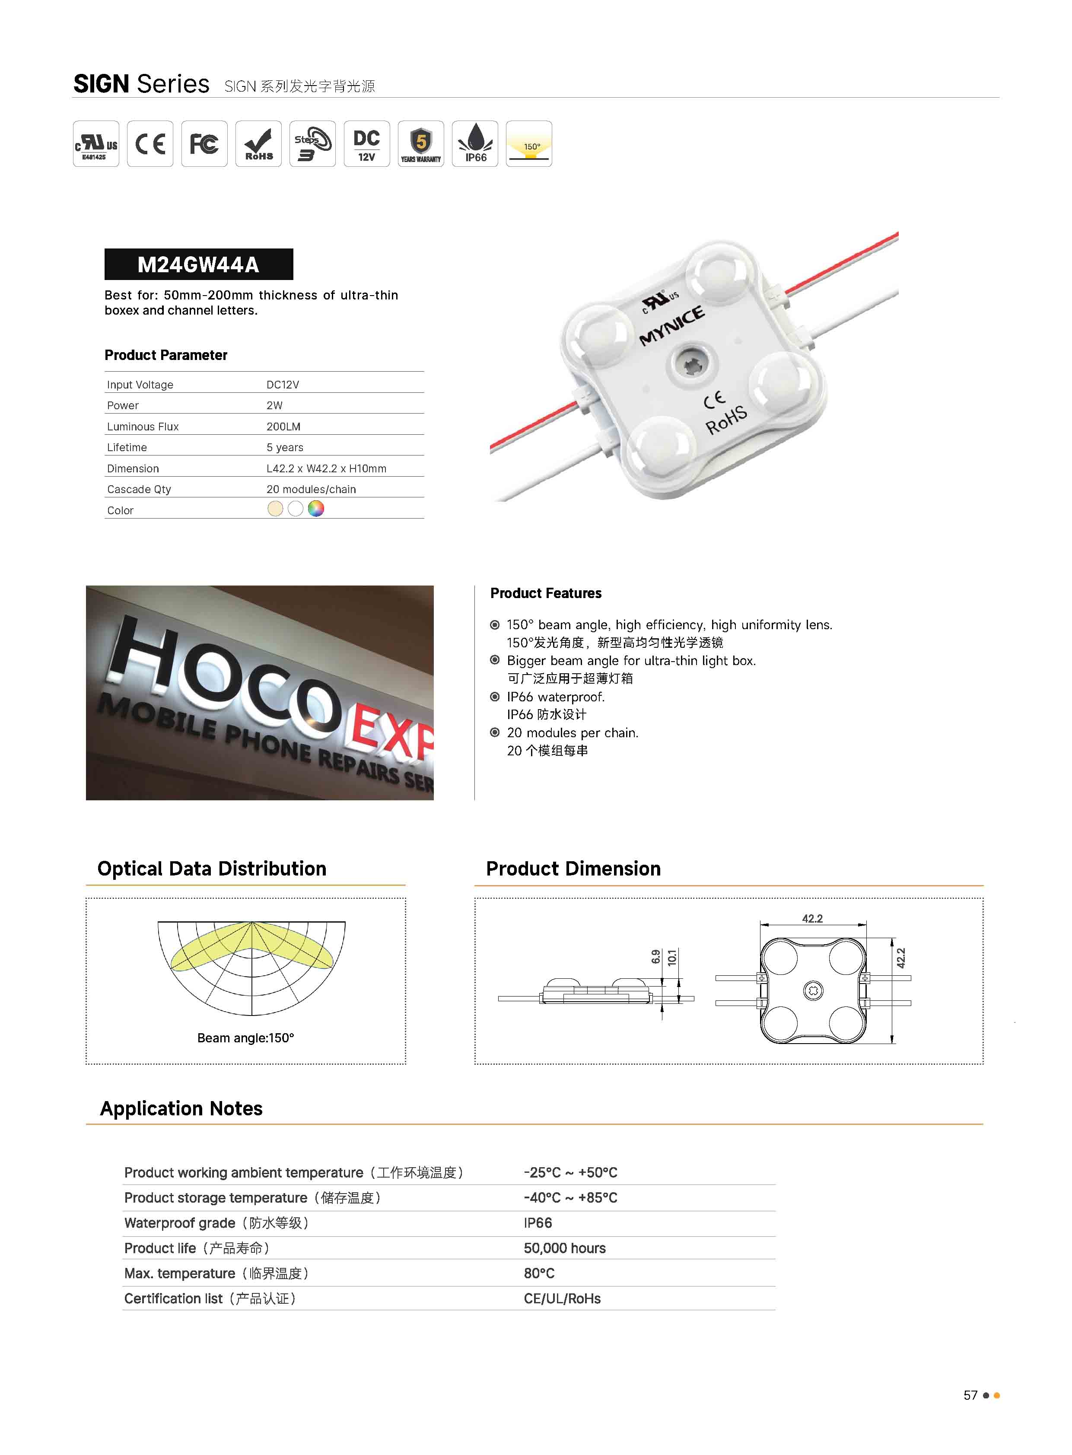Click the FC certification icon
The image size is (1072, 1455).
204,143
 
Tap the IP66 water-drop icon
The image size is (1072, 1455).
475,143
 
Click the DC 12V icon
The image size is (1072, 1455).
367,143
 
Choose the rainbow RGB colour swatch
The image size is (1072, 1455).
315,509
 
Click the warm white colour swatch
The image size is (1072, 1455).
275,509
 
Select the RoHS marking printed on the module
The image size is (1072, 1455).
726,420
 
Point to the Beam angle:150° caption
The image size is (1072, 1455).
245,1038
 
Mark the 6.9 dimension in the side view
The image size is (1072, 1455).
655,957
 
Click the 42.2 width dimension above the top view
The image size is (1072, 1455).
812,918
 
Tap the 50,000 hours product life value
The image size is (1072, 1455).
565,1248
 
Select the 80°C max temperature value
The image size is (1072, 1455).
539,1274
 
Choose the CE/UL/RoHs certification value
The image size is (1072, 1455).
562,1299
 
